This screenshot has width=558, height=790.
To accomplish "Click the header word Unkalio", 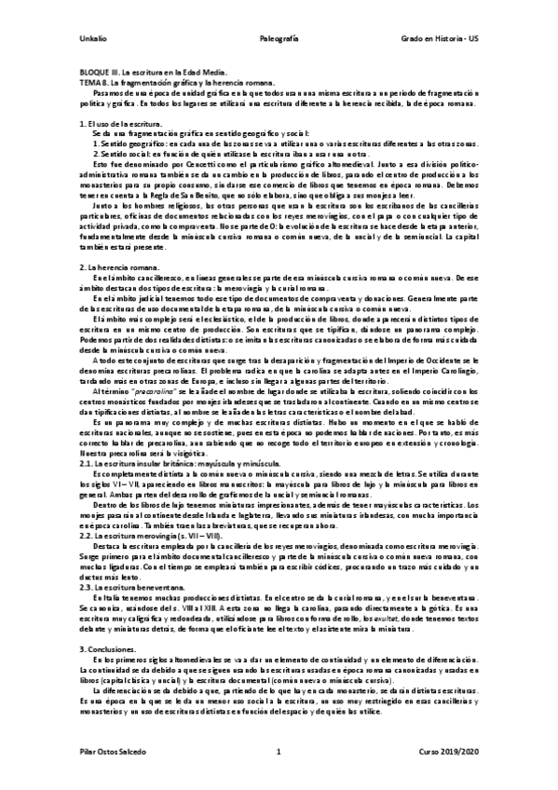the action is coord(91,38).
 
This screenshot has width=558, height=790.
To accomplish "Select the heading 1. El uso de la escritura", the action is coord(121,124).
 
